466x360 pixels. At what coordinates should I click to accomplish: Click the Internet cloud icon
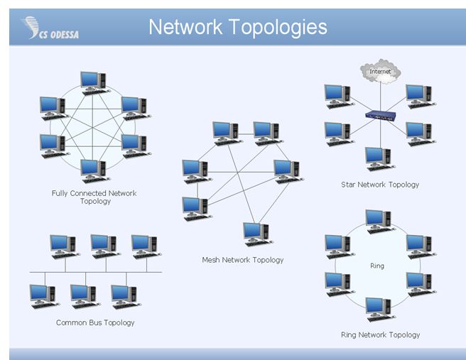381,71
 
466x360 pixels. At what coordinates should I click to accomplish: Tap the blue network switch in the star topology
379,116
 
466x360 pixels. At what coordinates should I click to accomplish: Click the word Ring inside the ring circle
377,266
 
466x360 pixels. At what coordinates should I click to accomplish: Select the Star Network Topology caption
380,185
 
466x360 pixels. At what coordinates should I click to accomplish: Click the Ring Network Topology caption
380,334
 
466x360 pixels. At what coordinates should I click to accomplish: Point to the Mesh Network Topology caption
242,260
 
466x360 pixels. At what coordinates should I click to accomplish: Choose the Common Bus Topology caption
95,322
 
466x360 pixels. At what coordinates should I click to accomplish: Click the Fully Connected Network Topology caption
94,197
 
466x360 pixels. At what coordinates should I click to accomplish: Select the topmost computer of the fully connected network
93,82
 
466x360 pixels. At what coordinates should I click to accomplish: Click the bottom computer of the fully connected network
93,170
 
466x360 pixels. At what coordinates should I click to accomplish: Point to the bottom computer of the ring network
379,308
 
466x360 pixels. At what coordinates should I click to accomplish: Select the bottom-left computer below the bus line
43,295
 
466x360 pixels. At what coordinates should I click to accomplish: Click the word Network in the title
186,27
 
